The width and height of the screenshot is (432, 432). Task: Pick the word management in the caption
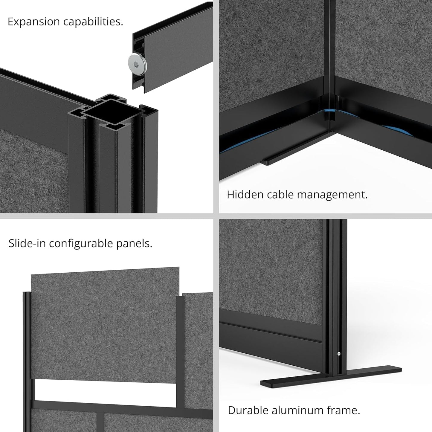point(332,195)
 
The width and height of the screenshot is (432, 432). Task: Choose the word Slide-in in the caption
point(27,243)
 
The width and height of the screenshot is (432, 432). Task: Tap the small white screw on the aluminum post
point(338,354)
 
